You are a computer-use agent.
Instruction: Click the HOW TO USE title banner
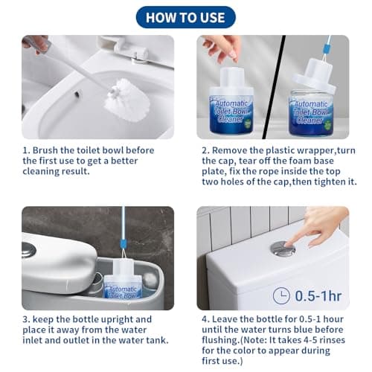pyautogui.click(x=185, y=17)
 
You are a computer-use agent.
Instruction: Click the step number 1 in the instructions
pyautogui.click(x=25, y=149)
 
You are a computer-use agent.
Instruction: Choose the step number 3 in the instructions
pyautogui.click(x=25, y=320)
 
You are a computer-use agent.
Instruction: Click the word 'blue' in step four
pyautogui.click(x=290, y=331)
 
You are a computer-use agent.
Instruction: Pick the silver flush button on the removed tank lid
pyautogui.click(x=29, y=250)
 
